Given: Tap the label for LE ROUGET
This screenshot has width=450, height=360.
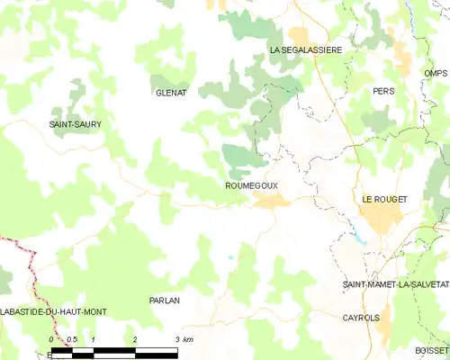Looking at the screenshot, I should pyautogui.click(x=384, y=199).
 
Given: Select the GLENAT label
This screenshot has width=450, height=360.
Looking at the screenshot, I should pyautogui.click(x=170, y=93).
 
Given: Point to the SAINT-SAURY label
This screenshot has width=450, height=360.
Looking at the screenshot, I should pyautogui.click(x=75, y=123).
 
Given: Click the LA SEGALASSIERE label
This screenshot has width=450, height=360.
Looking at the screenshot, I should pyautogui.click(x=306, y=50).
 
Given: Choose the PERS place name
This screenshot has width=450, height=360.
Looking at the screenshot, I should pyautogui.click(x=384, y=91).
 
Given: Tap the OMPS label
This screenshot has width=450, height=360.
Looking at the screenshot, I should pyautogui.click(x=436, y=73).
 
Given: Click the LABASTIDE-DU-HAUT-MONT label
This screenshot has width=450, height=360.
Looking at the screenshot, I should pyautogui.click(x=54, y=311).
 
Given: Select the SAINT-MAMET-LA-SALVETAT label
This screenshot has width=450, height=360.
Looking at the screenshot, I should pyautogui.click(x=394, y=284).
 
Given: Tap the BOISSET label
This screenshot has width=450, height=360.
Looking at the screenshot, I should pyautogui.click(x=432, y=351).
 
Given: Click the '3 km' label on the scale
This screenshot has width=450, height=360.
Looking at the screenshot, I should pyautogui.click(x=184, y=339).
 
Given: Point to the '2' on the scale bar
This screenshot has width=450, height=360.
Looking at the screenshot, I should pyautogui.click(x=135, y=339).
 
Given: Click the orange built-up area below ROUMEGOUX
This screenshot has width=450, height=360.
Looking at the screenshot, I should pyautogui.click(x=270, y=200).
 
